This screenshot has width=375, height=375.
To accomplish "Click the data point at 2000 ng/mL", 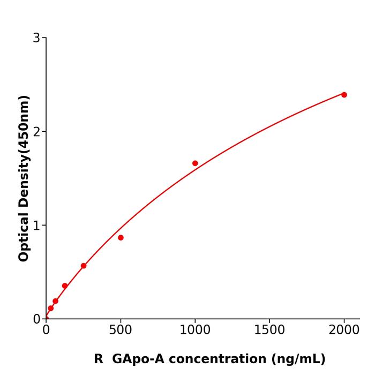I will pyautogui.click(x=344, y=95).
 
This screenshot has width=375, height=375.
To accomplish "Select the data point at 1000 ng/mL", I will pyautogui.click(x=195, y=163).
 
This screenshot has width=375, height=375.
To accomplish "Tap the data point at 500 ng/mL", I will pyautogui.click(x=121, y=237).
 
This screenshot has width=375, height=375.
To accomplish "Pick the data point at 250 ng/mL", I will pyautogui.click(x=84, y=266).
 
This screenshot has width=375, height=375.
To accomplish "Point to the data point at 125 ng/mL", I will pyautogui.click(x=65, y=286).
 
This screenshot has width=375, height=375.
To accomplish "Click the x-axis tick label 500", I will pyautogui.click(x=121, y=329).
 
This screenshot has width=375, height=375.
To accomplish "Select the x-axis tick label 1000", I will pyautogui.click(x=195, y=329).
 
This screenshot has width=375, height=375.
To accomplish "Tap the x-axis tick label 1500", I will pyautogui.click(x=269, y=329).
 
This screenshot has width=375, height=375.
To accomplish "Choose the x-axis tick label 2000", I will pyautogui.click(x=344, y=329).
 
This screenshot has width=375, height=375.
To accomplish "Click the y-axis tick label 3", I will pyautogui.click(x=36, y=38).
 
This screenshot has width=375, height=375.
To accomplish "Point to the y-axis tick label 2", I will pyautogui.click(x=36, y=132).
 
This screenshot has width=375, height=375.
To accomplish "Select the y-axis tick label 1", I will pyautogui.click(x=36, y=226).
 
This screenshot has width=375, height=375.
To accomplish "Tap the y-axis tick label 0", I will pyautogui.click(x=36, y=319).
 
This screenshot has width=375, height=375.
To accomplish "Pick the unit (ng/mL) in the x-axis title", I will pyautogui.click(x=299, y=359).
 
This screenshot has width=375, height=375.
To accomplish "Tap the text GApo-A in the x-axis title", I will pyautogui.click(x=137, y=359).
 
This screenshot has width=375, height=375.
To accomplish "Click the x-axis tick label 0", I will pyautogui.click(x=46, y=329).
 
